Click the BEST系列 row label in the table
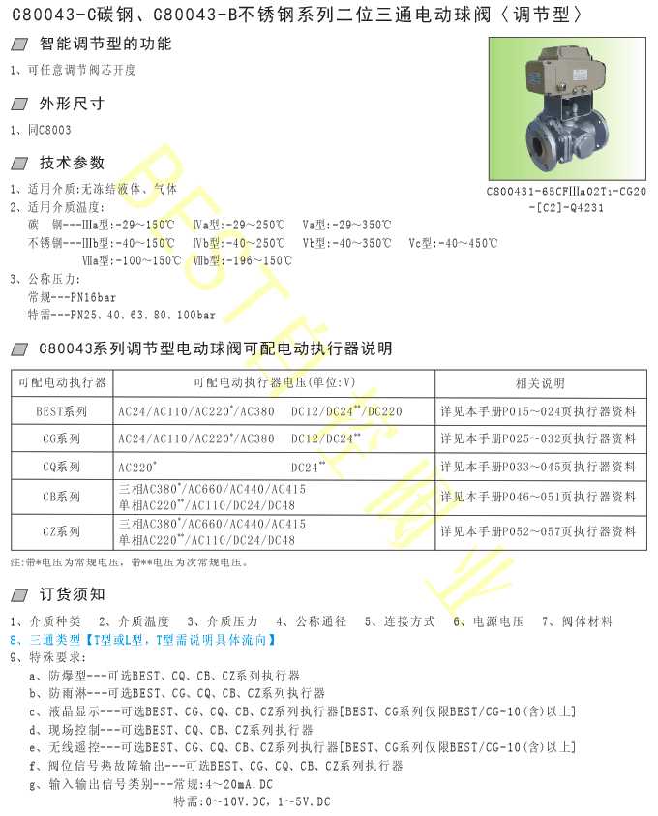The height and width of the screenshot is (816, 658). [x=62, y=410]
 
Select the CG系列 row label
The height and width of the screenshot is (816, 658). [x=62, y=438]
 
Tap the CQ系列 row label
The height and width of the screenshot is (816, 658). [x=62, y=467]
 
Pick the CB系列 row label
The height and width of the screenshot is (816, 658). [x=62, y=497]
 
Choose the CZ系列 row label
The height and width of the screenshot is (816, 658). [x=62, y=531]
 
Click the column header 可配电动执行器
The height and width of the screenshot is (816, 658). [x=62, y=381]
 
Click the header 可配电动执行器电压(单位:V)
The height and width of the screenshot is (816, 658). [x=275, y=381]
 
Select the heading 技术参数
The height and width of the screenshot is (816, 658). [x=72, y=163]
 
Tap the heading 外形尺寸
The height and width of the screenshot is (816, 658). [x=72, y=103]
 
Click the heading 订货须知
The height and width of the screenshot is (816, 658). [x=72, y=593]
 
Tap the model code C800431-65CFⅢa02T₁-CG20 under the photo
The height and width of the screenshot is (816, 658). [x=566, y=192]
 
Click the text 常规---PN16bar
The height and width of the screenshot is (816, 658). [x=73, y=298]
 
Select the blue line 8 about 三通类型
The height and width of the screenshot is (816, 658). [x=144, y=640]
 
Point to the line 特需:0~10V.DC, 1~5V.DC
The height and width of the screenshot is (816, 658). [x=252, y=801]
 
